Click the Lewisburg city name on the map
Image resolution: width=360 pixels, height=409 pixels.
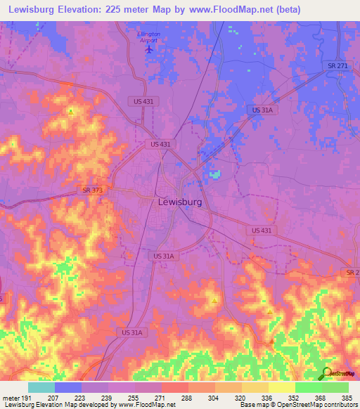point(179,202)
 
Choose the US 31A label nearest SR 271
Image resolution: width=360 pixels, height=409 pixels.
point(263,110)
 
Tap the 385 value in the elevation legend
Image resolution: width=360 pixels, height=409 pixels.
point(347,397)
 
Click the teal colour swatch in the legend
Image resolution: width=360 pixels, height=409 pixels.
point(41,387)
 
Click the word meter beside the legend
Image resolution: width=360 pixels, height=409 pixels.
point(11,397)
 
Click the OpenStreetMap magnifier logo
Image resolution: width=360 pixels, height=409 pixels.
point(326,373)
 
